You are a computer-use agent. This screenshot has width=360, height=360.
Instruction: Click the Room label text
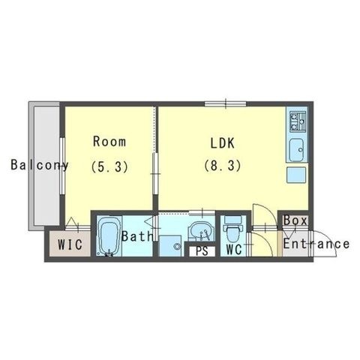tap(109, 142)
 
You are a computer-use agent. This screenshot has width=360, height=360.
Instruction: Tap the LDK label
tap(223, 143)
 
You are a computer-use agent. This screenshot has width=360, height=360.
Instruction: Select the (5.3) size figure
tap(109, 166)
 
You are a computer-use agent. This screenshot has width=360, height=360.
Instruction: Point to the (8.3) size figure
tap(223, 166)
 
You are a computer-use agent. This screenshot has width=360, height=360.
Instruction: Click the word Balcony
tap(40, 165)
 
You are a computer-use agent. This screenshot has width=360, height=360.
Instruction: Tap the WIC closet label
tap(70, 244)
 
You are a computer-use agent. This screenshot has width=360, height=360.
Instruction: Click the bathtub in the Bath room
tap(109, 236)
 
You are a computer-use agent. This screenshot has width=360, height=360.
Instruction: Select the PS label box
tap(202, 251)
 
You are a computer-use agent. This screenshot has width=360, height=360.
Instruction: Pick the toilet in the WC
tap(233, 229)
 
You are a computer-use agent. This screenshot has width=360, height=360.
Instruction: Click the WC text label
tap(234, 249)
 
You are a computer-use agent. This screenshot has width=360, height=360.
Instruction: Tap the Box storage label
tap(295, 220)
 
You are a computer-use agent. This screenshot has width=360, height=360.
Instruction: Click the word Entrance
tap(316, 244)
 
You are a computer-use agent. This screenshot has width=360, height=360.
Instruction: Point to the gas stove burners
tap(298, 122)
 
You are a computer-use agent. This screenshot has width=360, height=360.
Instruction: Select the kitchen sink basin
tap(297, 150)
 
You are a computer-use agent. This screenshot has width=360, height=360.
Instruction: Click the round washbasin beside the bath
tap(202, 230)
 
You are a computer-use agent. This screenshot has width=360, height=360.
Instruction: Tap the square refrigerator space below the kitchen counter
tap(296, 175)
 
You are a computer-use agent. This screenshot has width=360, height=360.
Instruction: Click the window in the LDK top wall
tap(226, 104)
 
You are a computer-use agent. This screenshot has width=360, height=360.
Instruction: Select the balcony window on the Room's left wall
tap(62, 166)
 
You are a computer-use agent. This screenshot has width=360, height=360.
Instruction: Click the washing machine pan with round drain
tap(170, 246)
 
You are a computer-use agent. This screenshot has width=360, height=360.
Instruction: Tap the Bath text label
tap(137, 236)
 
